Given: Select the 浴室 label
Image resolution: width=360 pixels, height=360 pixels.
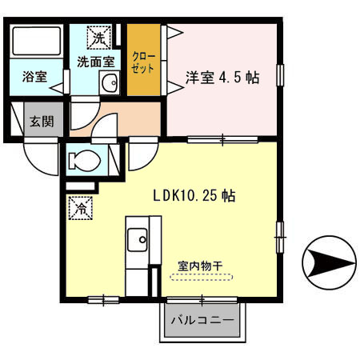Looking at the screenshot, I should click(x=34, y=78).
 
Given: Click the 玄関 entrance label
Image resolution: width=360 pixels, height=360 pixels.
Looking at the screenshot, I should click(x=42, y=122).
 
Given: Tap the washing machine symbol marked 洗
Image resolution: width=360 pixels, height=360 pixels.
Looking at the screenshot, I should click(x=98, y=37).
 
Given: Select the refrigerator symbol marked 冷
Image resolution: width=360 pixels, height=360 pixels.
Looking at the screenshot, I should click(x=81, y=207).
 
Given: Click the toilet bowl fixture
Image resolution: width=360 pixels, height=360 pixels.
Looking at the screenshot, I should click(x=86, y=161).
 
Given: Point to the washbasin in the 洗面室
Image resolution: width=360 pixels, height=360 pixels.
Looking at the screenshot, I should click(x=110, y=82).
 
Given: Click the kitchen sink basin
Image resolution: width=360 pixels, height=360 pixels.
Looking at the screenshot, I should click(x=138, y=238).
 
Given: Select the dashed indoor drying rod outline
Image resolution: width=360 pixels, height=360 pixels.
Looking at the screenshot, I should click(x=202, y=278).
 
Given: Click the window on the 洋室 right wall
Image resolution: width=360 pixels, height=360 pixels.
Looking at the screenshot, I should click(x=280, y=74).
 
